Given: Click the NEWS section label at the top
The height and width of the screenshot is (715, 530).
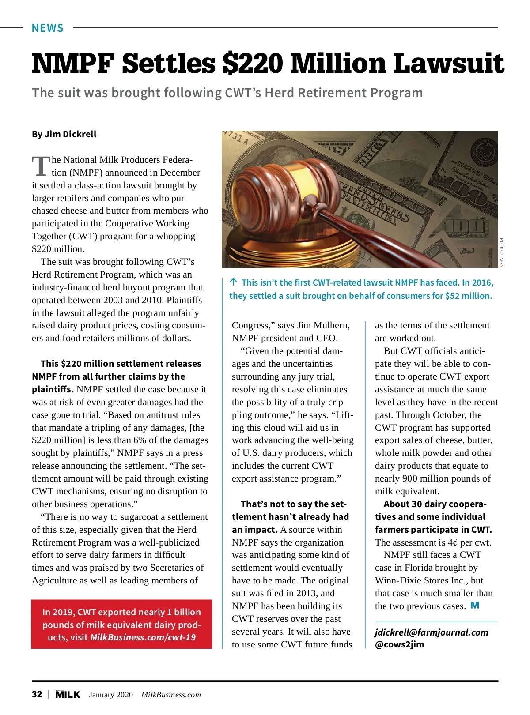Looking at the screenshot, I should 48,28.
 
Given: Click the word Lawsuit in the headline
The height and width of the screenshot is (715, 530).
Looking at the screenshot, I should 448,64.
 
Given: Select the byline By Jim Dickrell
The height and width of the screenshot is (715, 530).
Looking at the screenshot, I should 64,134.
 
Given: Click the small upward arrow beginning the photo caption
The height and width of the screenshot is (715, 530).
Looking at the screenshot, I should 233,282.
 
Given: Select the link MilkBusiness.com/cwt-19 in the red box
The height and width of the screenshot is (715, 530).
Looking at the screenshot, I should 143,637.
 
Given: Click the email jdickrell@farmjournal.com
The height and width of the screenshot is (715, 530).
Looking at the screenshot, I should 432,632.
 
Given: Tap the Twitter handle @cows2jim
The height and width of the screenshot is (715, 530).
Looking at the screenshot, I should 399,644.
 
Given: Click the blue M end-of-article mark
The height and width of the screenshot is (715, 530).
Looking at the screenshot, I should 475,605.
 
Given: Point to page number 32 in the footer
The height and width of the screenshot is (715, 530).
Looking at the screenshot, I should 37,694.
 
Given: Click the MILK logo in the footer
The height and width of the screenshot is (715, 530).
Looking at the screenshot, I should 68,695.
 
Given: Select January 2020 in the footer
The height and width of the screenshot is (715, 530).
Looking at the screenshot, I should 111,695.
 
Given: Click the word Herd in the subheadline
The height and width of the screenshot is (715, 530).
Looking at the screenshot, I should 280,93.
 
